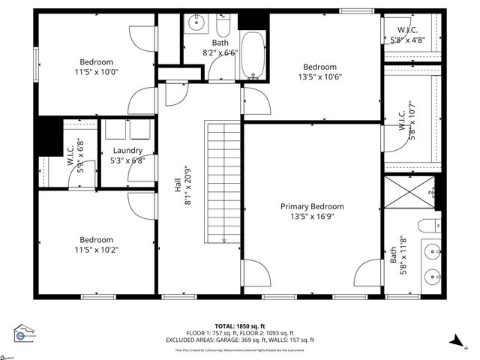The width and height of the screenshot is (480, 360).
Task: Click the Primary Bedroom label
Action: click(x=312, y=206)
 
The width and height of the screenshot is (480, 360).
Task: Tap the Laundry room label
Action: click(x=127, y=150)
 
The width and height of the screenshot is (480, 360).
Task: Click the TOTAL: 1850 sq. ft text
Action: click(x=239, y=326)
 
